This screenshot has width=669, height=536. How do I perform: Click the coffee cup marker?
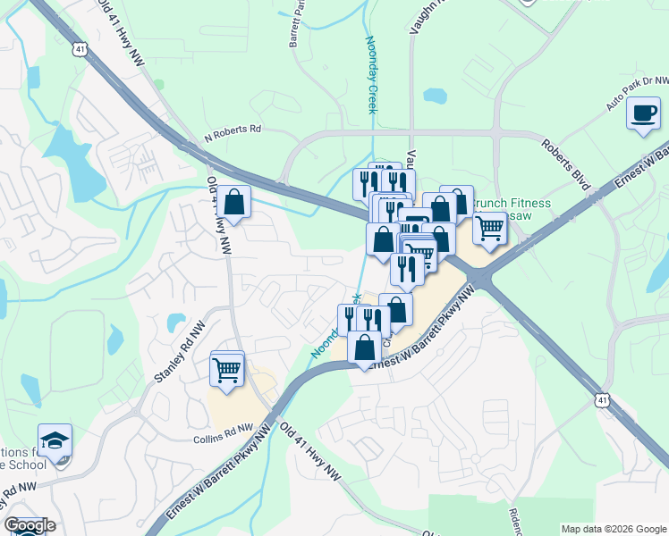click(x=642, y=114)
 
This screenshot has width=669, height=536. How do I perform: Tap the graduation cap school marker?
click(x=55, y=441)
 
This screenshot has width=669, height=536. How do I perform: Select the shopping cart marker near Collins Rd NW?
click(x=227, y=368)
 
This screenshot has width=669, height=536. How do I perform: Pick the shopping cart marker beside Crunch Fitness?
click(x=489, y=228)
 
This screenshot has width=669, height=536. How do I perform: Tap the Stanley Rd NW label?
click(x=179, y=356)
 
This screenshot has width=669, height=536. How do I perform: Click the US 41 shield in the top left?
click(x=80, y=52)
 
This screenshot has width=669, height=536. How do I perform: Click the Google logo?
click(x=30, y=525)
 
